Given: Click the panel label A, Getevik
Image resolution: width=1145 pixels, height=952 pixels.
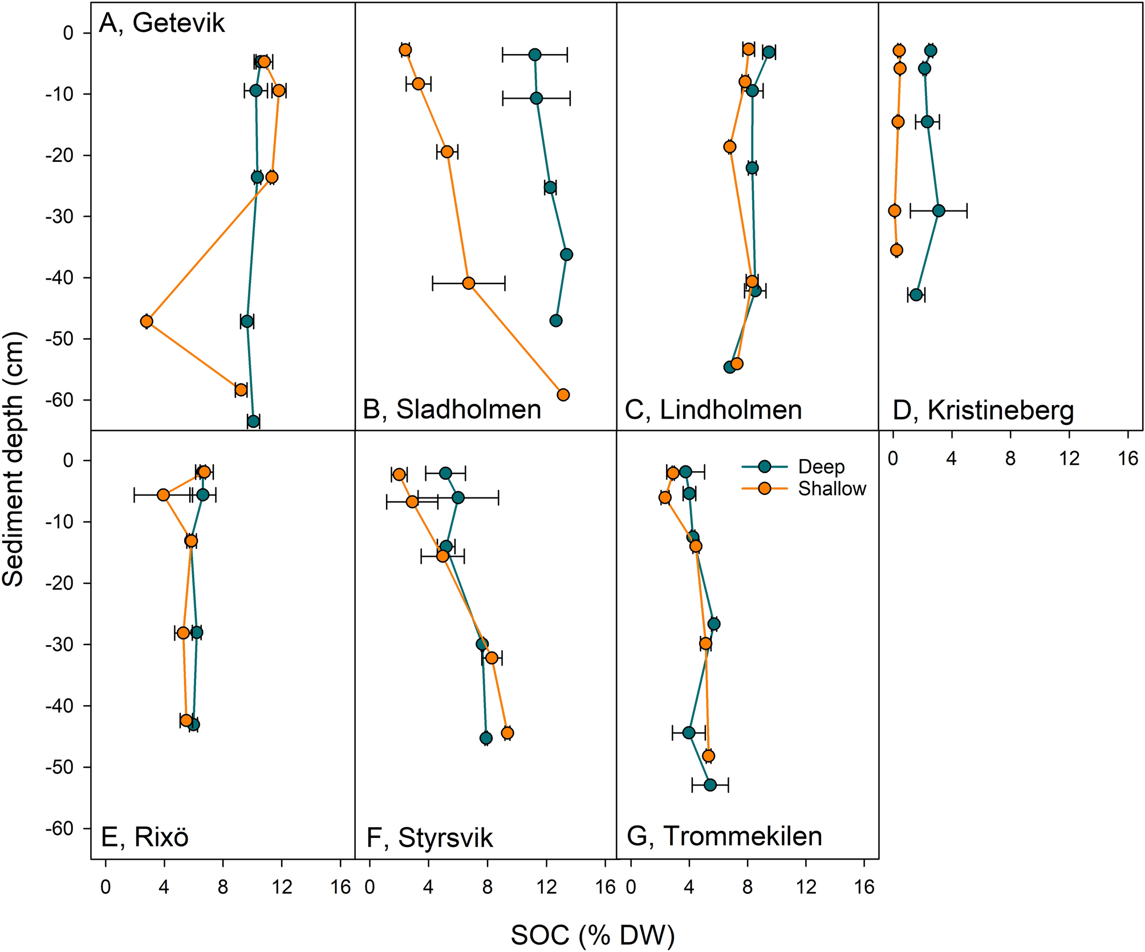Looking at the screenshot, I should (x=162, y=24).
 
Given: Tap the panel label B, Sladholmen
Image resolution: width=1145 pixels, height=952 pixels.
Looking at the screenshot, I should (x=452, y=410).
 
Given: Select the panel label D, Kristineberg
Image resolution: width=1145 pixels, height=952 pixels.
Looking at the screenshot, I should (x=983, y=410).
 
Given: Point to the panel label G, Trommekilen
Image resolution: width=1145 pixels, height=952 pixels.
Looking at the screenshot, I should (x=724, y=836).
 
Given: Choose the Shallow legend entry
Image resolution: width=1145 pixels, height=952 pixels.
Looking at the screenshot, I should (x=831, y=489).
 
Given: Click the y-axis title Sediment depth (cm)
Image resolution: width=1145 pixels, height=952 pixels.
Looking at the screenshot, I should (x=14, y=459).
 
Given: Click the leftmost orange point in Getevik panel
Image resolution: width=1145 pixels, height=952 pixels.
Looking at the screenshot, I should (x=147, y=321).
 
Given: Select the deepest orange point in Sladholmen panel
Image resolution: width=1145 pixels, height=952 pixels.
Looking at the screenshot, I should (x=563, y=395).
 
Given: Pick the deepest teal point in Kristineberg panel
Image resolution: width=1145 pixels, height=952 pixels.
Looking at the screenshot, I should (x=916, y=295).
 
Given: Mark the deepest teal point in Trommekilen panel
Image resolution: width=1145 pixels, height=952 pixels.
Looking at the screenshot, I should (x=710, y=785).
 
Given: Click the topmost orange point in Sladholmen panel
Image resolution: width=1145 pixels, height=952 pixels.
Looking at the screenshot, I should (x=405, y=50).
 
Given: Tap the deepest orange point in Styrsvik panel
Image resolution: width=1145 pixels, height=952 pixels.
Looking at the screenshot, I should (x=507, y=733).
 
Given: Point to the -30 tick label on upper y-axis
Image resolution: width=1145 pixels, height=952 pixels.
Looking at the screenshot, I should (x=59, y=217).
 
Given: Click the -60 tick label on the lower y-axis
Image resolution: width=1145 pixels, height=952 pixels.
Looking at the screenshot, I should (x=59, y=828).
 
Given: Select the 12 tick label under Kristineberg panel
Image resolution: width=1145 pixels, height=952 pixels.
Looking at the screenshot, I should (x=1069, y=458).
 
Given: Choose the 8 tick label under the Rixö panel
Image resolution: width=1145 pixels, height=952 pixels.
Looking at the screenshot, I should (x=223, y=887).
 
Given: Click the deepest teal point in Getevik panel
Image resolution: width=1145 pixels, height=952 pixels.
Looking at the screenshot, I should (x=254, y=422).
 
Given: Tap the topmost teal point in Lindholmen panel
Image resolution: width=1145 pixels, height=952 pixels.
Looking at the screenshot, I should (x=769, y=52).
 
